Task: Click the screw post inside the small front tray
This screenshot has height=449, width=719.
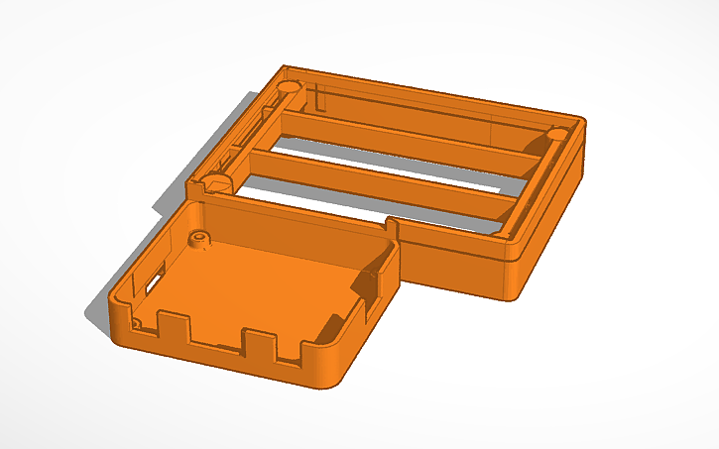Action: coord(200,239)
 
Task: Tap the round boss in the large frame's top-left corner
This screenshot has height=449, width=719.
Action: coord(291,87)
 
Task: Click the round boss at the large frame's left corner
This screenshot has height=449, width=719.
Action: coord(214,182)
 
